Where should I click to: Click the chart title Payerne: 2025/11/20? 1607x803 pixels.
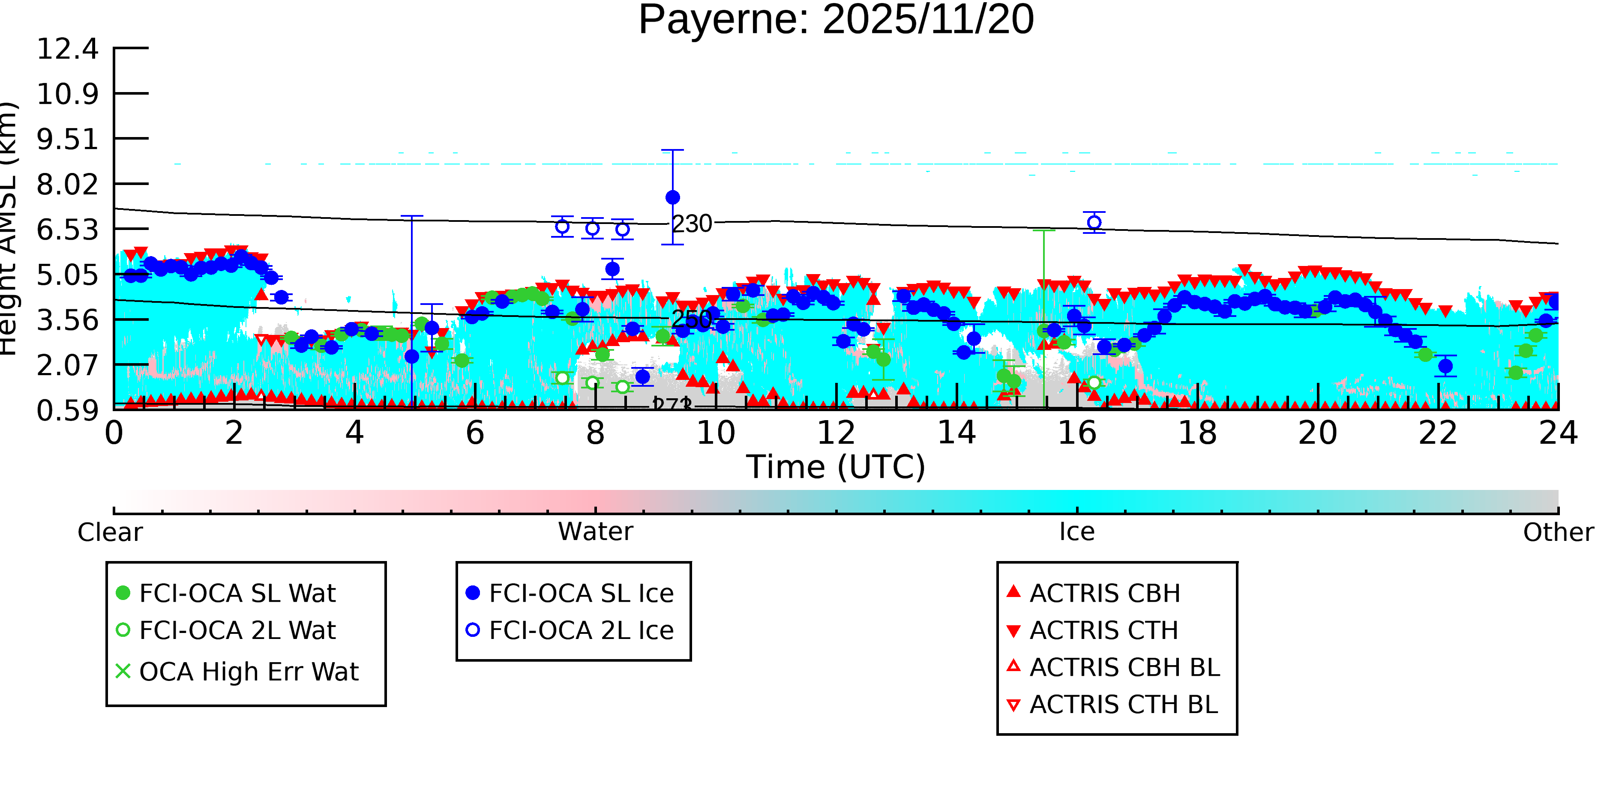point(836,20)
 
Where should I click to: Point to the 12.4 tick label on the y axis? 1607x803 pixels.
point(67,49)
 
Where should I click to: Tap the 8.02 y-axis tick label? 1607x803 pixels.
point(67,185)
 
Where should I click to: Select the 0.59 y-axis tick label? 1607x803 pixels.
point(67,410)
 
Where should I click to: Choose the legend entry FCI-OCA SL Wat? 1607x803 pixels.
point(237,593)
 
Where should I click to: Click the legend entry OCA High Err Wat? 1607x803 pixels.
point(248,672)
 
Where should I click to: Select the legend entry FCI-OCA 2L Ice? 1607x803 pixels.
point(581,630)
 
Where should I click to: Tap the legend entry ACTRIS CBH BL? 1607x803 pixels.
point(1124,667)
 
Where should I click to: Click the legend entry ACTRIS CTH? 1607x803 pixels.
point(1103,630)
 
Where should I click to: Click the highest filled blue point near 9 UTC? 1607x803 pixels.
point(672,197)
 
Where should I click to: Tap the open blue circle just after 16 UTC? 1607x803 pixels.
point(1094,223)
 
